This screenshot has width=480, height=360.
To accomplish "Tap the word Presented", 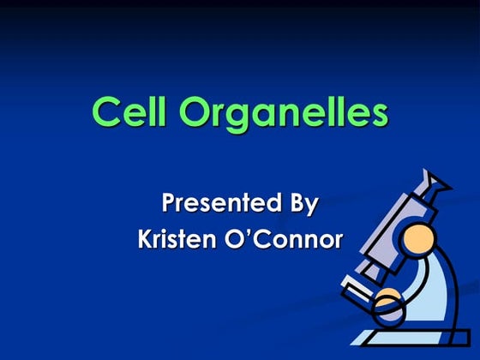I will (215, 204).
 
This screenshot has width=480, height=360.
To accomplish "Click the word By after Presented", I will (299, 206).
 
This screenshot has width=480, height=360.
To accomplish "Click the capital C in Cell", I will (105, 112).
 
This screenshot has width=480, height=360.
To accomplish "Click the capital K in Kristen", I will (146, 239).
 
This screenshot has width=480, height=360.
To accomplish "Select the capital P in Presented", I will (171, 204).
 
